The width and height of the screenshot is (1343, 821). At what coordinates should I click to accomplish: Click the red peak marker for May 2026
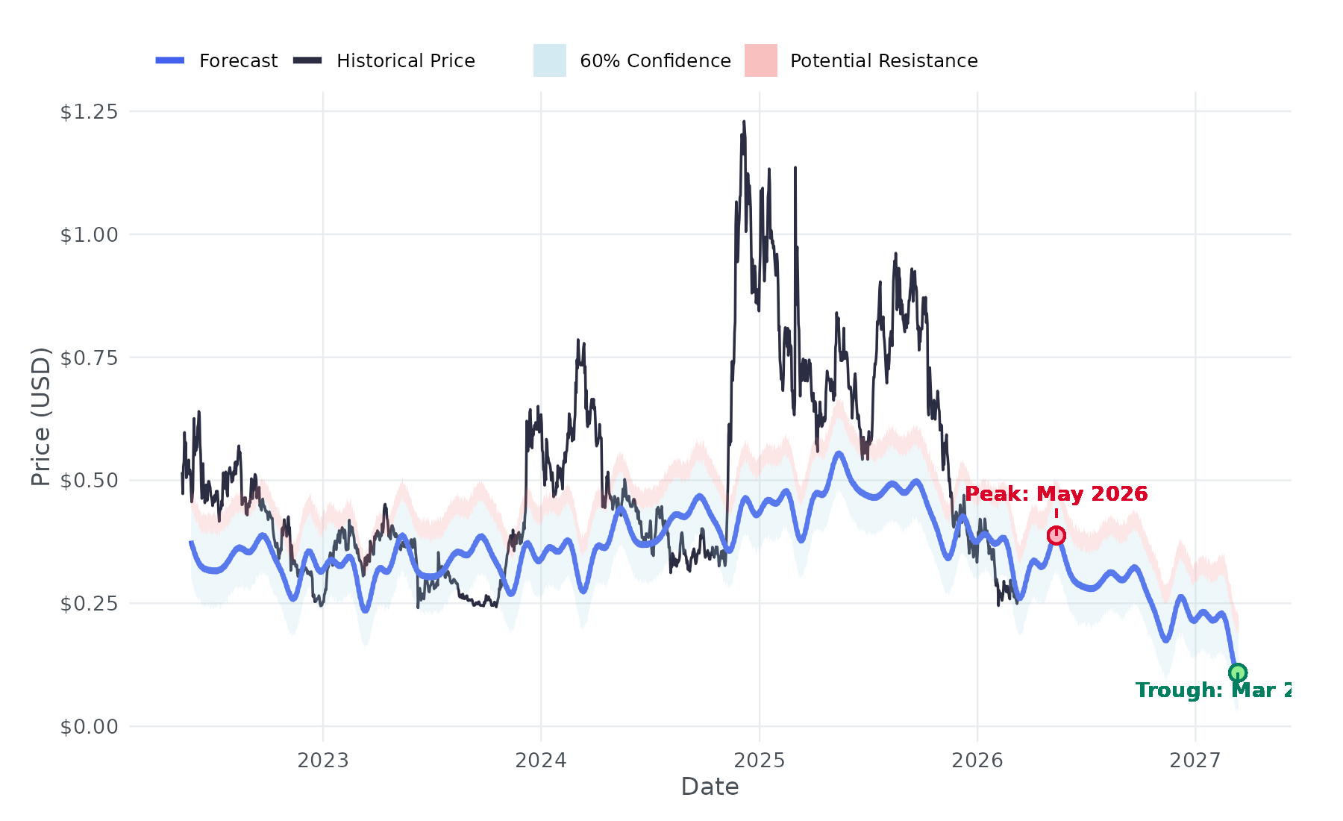1056,535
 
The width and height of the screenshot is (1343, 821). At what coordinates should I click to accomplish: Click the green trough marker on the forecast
1237,673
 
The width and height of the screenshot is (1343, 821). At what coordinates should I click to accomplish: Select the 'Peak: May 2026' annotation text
1056,494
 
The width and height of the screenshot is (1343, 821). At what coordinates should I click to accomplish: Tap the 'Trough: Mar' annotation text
1212,690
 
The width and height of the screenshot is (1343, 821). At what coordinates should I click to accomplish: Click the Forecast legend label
238,61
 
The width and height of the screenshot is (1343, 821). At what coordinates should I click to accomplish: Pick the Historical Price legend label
405,61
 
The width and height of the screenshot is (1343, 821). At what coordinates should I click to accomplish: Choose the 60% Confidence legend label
655,61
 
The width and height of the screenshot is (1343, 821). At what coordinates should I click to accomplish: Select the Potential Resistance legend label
883,61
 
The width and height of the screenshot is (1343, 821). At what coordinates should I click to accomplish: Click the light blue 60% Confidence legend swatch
549,60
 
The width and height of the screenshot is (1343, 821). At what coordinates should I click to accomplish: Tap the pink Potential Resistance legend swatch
760,60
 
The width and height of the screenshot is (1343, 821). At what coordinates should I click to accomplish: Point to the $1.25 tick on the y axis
89,112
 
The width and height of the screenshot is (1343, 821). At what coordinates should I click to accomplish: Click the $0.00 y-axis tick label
89,726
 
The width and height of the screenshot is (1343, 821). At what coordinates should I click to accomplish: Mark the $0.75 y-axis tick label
89,358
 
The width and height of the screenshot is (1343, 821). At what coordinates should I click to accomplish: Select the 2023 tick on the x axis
323,761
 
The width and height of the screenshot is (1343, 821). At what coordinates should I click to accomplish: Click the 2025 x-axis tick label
760,761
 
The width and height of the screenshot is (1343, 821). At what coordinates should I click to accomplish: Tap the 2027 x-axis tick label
1195,761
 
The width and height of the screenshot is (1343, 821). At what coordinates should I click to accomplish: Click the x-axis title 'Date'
710,787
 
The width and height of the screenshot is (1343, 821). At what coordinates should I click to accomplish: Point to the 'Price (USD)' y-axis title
40,416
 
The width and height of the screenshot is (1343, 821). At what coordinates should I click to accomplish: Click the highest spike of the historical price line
744,122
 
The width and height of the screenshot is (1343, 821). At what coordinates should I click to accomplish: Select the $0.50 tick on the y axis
89,481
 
